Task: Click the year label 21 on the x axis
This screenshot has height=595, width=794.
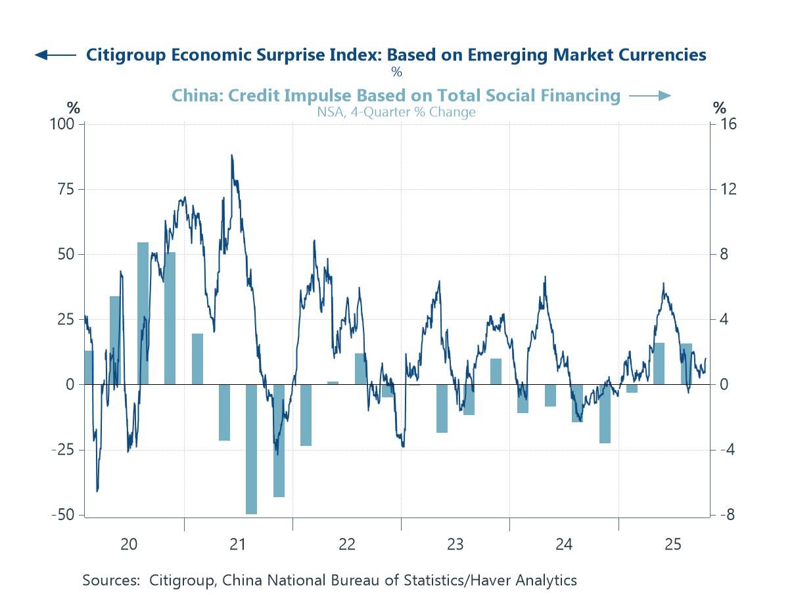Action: pos(238,544)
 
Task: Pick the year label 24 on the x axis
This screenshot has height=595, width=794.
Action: pos(564,544)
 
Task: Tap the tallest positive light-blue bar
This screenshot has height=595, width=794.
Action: pos(143,313)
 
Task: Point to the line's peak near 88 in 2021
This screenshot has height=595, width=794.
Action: pos(231,156)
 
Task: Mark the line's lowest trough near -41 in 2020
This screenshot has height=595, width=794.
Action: pos(97,491)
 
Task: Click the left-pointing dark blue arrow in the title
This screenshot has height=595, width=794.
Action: pos(55,55)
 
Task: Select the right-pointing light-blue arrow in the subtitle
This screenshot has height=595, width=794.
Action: pos(649,96)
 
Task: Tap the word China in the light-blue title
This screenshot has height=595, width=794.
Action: pos(193,96)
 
